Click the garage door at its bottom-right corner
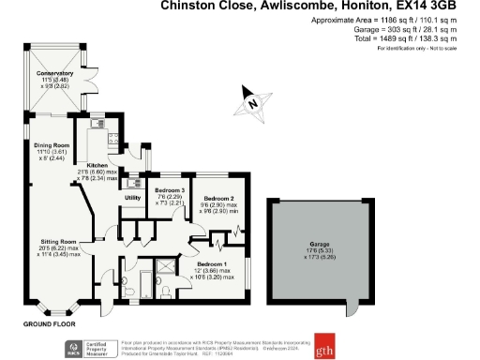(x=350, y=308)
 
